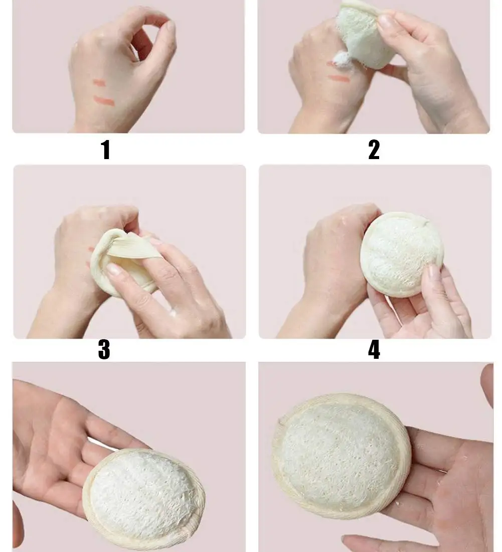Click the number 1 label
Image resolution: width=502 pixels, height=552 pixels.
tap(105, 150)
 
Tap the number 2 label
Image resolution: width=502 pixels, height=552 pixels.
tap(374, 150)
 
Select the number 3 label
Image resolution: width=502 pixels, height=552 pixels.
tap(104, 350)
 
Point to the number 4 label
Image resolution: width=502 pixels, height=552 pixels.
tap(374, 350)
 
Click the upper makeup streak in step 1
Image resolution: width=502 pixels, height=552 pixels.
tap(99, 83)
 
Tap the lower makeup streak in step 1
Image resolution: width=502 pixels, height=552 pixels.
tap(104, 102)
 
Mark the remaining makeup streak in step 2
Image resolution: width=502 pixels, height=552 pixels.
tap(340, 78)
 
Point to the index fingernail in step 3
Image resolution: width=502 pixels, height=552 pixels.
tap(113, 270)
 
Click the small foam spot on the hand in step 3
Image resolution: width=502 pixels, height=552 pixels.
tap(173, 313)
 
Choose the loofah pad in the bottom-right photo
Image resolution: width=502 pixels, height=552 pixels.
tap(342, 454)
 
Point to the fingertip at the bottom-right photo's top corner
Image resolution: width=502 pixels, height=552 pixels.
tap(487, 381)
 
